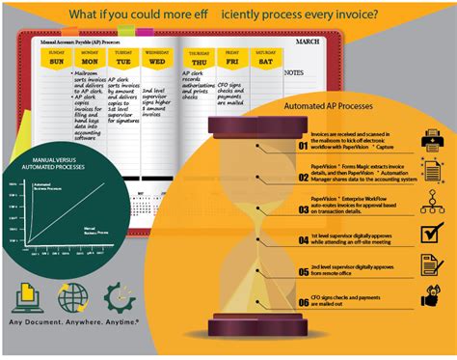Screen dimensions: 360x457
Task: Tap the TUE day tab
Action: pyautogui.click(x=121, y=61)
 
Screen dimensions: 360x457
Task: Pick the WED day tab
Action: pyautogui.click(x=155, y=61)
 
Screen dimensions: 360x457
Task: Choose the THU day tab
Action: pyautogui.click(x=198, y=61)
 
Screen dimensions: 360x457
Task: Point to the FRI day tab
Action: pyautogui.click(x=231, y=61)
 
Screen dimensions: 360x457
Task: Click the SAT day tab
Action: pyautogui.click(x=263, y=61)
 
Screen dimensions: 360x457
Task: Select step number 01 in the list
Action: pyautogui.click(x=303, y=147)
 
